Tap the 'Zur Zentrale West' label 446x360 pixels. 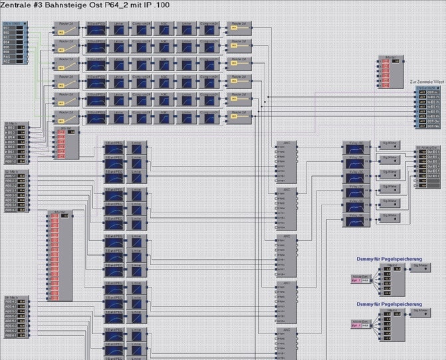click(427, 82)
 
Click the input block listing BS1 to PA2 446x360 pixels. click(13, 43)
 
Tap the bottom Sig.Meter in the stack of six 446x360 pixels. click(389, 218)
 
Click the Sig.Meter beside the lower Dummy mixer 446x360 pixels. click(421, 312)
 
